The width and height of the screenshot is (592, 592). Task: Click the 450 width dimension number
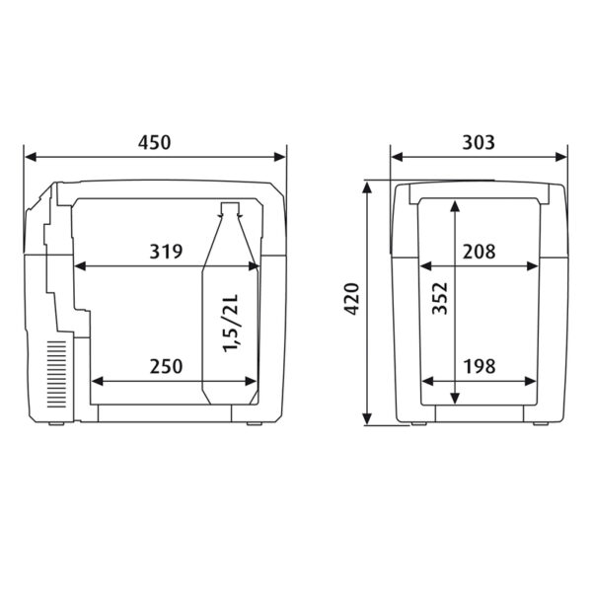point(154,143)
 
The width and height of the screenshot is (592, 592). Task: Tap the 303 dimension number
point(479,143)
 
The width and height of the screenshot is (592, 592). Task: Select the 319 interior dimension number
point(166,252)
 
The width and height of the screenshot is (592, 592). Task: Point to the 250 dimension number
point(166,366)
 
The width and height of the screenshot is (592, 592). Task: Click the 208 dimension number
point(480,252)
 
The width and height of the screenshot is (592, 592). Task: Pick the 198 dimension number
point(480,366)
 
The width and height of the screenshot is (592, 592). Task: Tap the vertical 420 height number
point(351,299)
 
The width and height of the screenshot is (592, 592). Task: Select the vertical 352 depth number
point(440,298)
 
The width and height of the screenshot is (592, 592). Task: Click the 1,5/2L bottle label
point(231,324)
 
